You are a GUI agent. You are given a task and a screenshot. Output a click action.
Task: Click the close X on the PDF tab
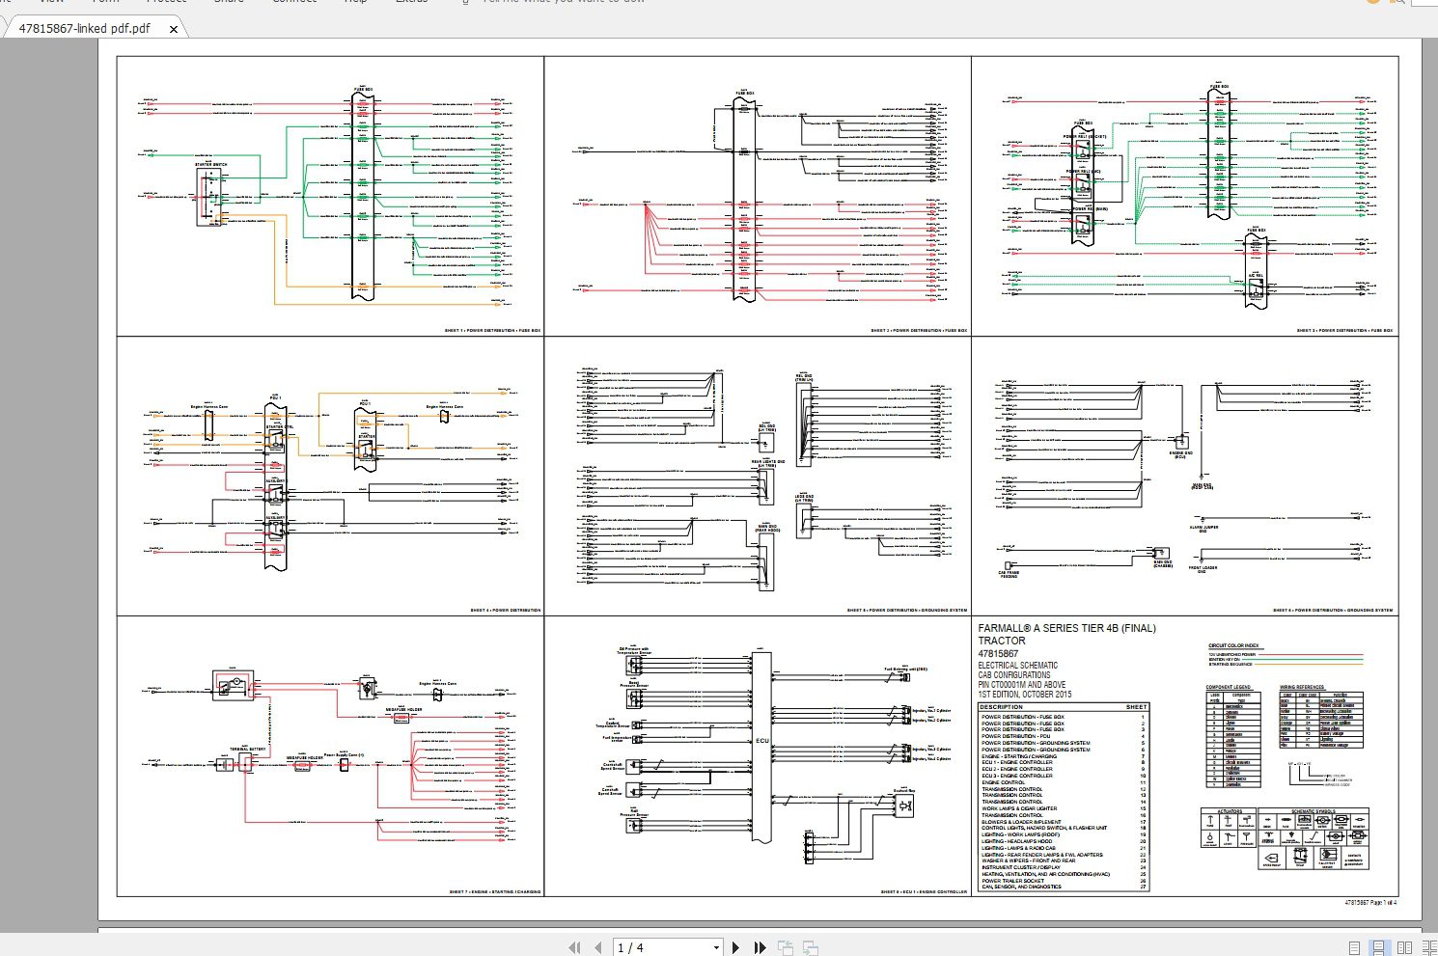(x=174, y=29)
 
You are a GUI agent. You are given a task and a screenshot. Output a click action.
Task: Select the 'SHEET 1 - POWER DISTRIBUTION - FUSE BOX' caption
(x=492, y=331)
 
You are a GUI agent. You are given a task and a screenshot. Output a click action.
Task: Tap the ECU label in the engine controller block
(x=761, y=741)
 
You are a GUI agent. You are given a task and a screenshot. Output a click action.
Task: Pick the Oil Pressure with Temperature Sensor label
(x=633, y=651)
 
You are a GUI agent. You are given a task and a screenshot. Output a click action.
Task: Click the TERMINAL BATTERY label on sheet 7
(x=248, y=750)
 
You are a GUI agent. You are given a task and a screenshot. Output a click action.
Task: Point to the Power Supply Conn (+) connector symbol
(x=344, y=765)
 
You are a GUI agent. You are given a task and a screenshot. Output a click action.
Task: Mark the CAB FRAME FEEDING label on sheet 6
(x=1008, y=574)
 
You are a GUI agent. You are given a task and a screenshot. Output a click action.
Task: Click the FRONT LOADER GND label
(x=1203, y=569)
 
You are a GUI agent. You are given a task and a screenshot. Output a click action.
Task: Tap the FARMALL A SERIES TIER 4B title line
(x=1066, y=628)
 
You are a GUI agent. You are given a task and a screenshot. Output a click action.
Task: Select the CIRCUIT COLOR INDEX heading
(x=1233, y=645)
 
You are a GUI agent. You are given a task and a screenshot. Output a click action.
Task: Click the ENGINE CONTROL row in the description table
(x=1004, y=782)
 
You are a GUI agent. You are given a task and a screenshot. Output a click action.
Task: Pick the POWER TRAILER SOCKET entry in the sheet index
(x=1012, y=881)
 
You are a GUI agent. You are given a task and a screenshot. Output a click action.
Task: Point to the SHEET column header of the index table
(x=1136, y=707)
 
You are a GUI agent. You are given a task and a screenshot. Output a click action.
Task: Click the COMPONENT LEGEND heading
(x=1228, y=687)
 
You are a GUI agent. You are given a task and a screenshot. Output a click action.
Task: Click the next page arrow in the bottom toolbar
(x=736, y=947)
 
